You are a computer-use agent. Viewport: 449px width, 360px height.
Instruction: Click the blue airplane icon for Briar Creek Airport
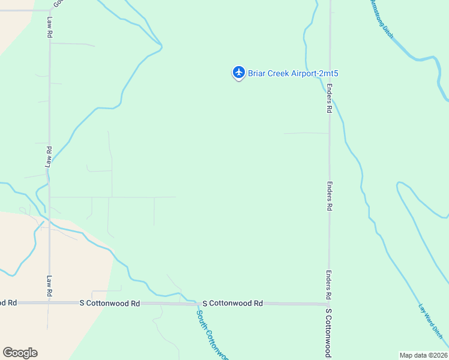(x=239, y=73)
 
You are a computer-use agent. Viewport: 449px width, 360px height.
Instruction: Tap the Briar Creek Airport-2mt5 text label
(x=289, y=73)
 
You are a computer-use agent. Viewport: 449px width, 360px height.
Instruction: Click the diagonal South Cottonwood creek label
(x=212, y=333)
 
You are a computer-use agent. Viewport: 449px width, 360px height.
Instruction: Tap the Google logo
(x=20, y=353)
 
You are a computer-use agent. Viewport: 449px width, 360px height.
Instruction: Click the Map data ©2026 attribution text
(x=423, y=355)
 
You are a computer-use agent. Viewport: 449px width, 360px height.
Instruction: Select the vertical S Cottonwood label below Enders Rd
(x=328, y=332)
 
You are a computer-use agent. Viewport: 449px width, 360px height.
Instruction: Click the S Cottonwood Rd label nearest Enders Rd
(x=233, y=304)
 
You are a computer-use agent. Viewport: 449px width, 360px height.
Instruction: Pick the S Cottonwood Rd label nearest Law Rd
(x=110, y=304)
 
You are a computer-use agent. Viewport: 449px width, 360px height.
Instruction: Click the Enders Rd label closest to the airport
(x=329, y=98)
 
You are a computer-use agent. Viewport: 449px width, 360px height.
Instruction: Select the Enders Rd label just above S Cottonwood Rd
(x=329, y=284)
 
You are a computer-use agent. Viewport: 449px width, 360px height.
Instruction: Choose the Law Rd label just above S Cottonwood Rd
(x=49, y=286)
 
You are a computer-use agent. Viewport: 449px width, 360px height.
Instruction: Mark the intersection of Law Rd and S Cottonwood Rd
(x=49, y=303)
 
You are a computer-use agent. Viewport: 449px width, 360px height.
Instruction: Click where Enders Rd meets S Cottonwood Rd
(x=329, y=304)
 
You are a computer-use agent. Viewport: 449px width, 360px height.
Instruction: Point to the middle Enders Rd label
(x=329, y=196)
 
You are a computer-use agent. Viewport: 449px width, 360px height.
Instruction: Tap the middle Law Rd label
(x=49, y=157)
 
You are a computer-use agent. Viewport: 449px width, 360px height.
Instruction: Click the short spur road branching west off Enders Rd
(x=306, y=133)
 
